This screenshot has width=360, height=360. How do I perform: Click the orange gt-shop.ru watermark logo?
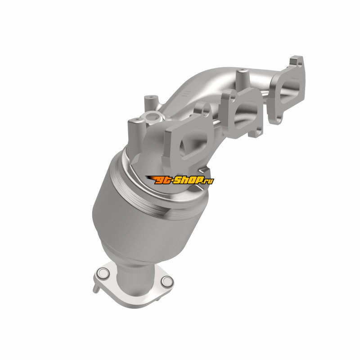(x=180, y=180)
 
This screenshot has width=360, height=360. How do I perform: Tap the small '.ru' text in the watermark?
(x=209, y=181)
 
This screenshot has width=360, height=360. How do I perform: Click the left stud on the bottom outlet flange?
(x=103, y=273)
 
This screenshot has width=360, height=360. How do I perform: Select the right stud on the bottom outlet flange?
(x=166, y=281)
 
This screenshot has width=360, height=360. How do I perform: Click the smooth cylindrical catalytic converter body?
(x=135, y=220)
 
